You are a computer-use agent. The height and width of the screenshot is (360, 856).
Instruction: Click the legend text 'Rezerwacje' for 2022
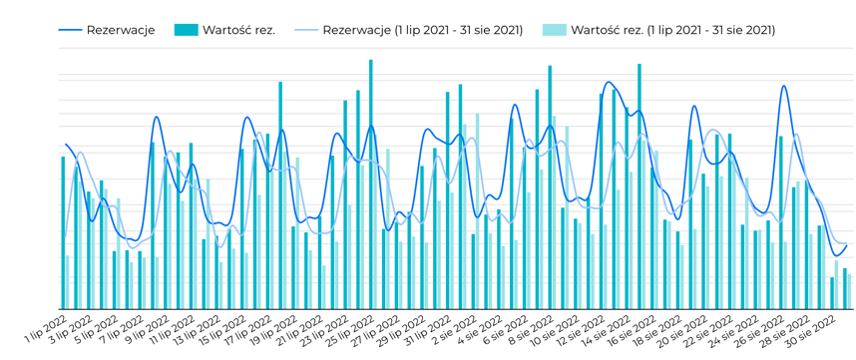[x=120, y=30]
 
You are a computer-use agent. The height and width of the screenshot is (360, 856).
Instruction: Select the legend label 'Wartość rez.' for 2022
[x=238, y=30]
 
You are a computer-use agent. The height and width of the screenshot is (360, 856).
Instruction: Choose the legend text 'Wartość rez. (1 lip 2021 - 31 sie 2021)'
[x=672, y=30]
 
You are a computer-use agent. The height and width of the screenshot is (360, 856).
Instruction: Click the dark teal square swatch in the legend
[x=186, y=30]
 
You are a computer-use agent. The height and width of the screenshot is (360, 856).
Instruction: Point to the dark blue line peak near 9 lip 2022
[x=157, y=118]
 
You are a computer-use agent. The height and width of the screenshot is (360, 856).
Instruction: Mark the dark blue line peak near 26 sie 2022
[x=784, y=87]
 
